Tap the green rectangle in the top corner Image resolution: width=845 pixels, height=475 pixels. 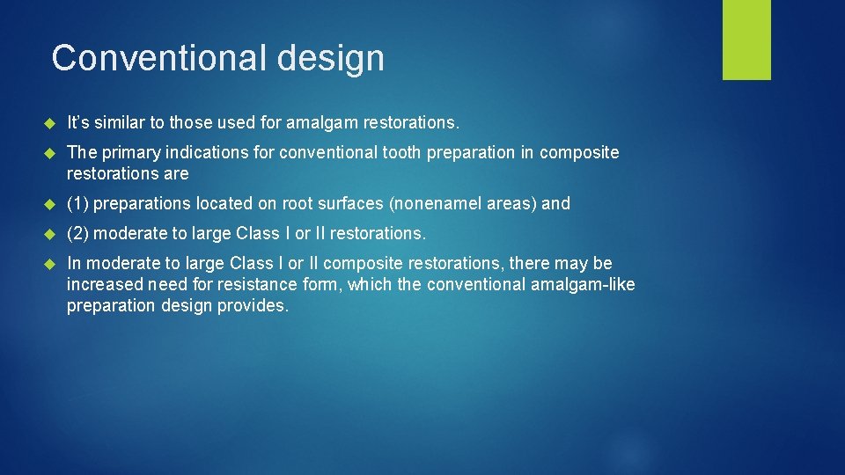point(746,40)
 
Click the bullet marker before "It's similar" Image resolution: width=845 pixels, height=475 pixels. point(50,122)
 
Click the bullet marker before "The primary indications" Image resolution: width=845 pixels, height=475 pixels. point(50,153)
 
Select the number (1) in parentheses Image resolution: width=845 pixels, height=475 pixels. point(77,203)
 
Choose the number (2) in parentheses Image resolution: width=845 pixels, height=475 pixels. point(77,233)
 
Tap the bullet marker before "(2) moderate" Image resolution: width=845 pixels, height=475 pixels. point(50,234)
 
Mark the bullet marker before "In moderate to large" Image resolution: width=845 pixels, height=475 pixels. point(50,264)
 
